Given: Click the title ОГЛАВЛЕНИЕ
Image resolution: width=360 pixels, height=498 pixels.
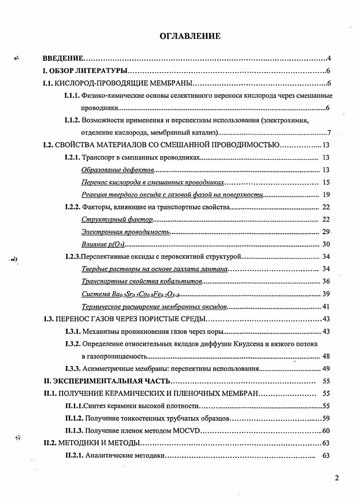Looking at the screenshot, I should (x=190, y=36).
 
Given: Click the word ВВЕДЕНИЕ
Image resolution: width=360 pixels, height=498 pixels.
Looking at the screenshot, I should (x=63, y=59).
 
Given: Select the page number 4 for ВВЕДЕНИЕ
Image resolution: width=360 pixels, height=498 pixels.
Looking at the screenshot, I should (x=329, y=59).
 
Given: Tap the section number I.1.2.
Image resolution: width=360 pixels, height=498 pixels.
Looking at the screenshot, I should (x=73, y=121).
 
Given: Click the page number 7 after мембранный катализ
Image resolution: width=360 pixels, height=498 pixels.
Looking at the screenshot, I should (x=329, y=132).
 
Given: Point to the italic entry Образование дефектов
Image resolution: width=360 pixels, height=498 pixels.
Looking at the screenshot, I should (x=118, y=170).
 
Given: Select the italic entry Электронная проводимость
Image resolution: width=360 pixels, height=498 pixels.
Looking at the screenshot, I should (x=126, y=232).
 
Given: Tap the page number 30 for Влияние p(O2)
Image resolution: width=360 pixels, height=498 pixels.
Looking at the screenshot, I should (x=326, y=244).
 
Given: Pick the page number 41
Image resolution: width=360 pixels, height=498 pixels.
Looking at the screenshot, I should (x=326, y=307).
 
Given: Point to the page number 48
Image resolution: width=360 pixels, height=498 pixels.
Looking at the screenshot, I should (x=326, y=356).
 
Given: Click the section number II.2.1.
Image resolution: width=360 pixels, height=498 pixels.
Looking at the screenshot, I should (x=74, y=455).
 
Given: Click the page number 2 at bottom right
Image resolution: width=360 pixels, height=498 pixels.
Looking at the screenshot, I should (x=337, y=478).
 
